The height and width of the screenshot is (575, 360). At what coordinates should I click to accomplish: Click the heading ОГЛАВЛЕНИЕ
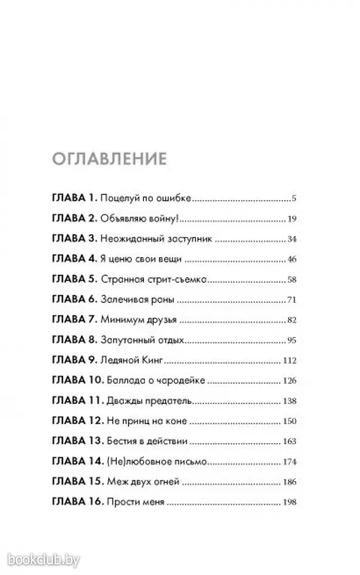(109, 158)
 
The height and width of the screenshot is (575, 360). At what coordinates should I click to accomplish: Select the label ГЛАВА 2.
(75, 219)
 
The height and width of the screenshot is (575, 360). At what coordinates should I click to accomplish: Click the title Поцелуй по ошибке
(146, 198)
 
